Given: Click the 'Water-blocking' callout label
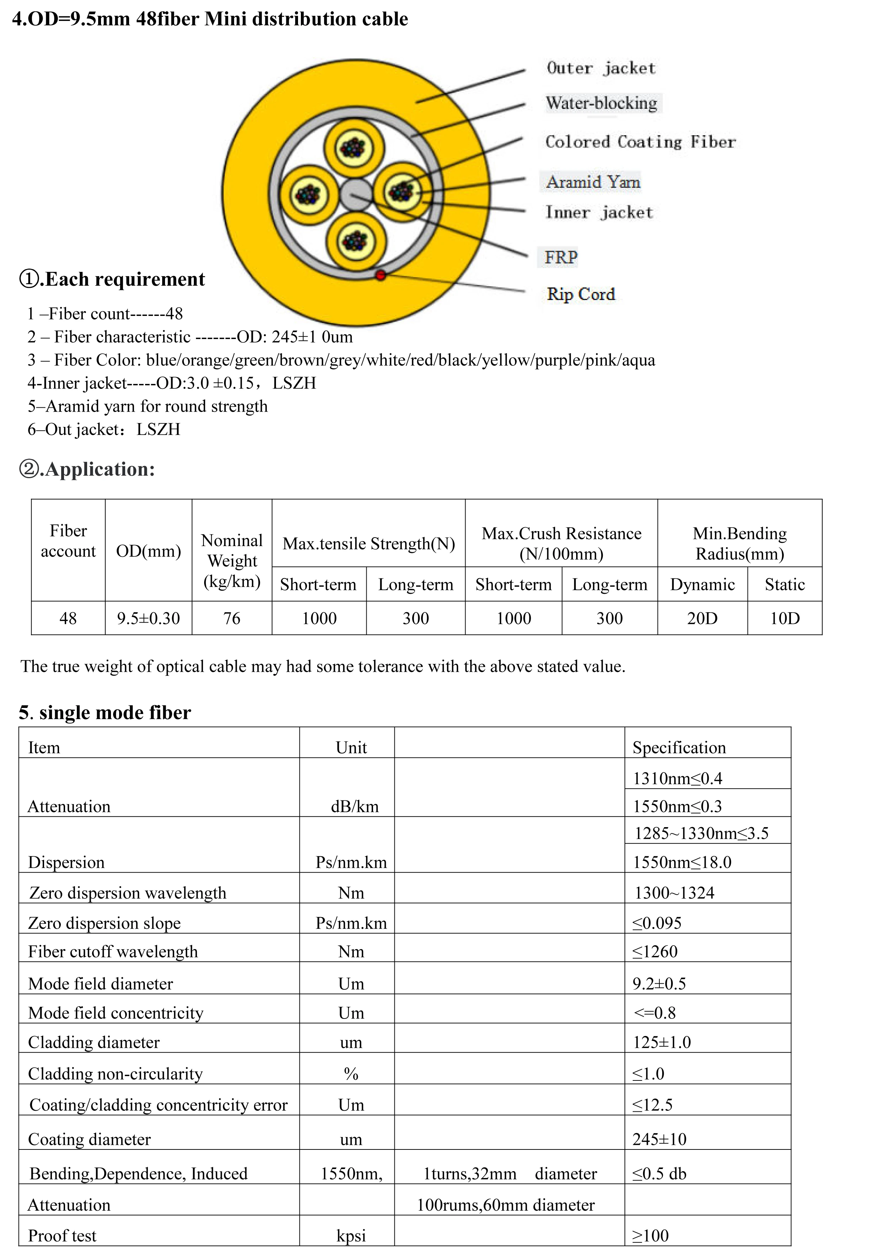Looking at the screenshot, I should click(x=602, y=103).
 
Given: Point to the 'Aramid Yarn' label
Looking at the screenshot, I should click(x=593, y=182).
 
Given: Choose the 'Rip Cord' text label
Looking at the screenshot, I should click(x=581, y=294).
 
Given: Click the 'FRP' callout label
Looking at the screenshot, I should click(x=561, y=257).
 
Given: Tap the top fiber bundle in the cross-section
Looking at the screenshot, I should click(x=354, y=148).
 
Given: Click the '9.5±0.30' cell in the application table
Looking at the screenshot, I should click(x=148, y=618).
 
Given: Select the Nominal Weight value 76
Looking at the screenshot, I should click(x=232, y=618).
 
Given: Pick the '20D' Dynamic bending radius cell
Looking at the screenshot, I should click(x=702, y=618).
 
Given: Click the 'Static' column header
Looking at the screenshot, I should click(x=784, y=584).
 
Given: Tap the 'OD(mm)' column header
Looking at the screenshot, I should click(x=148, y=551).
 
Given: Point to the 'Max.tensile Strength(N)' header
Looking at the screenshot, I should click(x=368, y=544).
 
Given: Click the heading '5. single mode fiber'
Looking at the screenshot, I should click(x=105, y=713).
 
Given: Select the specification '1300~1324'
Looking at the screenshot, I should click(x=674, y=893).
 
